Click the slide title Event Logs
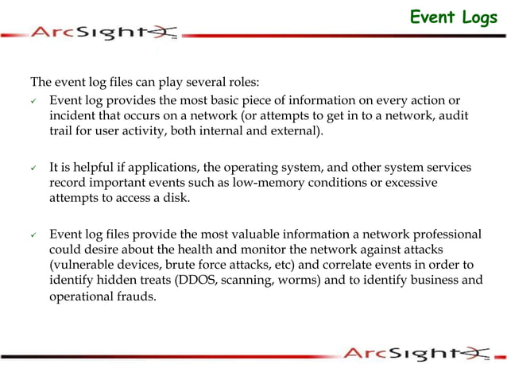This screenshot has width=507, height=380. click(x=453, y=17)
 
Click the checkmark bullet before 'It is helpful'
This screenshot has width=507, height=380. click(x=34, y=168)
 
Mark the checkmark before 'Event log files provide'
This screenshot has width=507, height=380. click(x=34, y=235)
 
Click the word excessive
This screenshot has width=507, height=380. click(x=412, y=183)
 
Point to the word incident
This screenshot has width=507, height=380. click(x=73, y=117)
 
